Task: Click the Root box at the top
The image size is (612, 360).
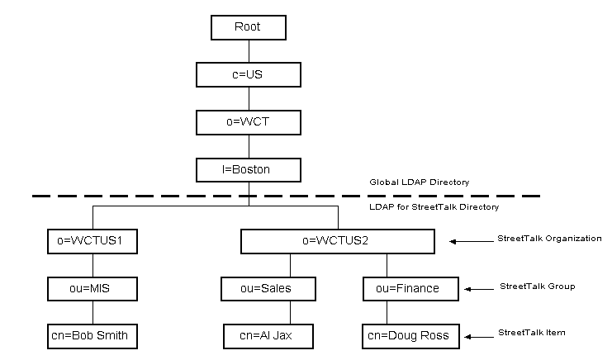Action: (248, 27)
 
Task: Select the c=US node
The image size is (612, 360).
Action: (248, 74)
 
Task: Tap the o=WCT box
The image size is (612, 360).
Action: (248, 122)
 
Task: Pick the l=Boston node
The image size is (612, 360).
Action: (248, 170)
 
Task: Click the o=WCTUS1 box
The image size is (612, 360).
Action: (92, 242)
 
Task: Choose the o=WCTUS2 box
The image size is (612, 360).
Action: (337, 242)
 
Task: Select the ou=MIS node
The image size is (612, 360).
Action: (92, 289)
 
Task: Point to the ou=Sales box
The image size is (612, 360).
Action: (257, 289)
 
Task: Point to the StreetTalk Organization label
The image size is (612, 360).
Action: (549, 239)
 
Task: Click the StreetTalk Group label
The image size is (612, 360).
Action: (537, 287)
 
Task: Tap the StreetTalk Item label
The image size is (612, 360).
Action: (532, 333)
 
